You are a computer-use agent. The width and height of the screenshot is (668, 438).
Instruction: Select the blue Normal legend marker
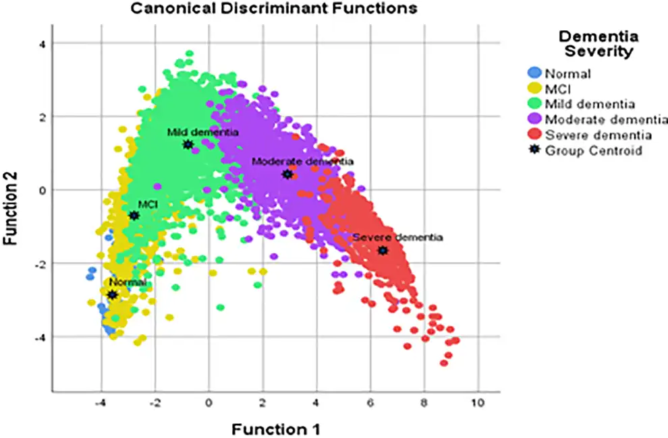pyautogui.click(x=534, y=73)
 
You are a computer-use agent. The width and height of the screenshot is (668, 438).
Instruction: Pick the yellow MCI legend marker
pyautogui.click(x=534, y=88)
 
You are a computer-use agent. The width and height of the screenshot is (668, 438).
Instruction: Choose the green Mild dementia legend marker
pyautogui.click(x=534, y=104)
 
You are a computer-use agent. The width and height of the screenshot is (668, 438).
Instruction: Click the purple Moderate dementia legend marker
pyautogui.click(x=534, y=119)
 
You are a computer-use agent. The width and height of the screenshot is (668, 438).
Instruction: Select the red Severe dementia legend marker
pyautogui.click(x=534, y=134)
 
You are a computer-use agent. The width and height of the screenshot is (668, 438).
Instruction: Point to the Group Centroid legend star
pyautogui.click(x=534, y=150)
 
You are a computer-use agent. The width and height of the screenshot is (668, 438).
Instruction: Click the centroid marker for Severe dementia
pyautogui.click(x=383, y=251)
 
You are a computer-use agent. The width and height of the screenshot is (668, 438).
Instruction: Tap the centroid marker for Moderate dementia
pyautogui.click(x=287, y=175)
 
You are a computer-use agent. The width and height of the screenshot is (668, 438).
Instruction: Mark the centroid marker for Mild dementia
pyautogui.click(x=188, y=145)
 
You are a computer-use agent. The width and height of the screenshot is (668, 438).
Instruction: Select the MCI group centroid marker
pyautogui.click(x=134, y=216)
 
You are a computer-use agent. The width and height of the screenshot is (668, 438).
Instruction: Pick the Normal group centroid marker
pyautogui.click(x=112, y=294)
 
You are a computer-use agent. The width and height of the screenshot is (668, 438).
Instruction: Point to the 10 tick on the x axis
pyautogui.click(x=478, y=404)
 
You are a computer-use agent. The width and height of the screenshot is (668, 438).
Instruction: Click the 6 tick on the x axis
pyautogui.click(x=370, y=404)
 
